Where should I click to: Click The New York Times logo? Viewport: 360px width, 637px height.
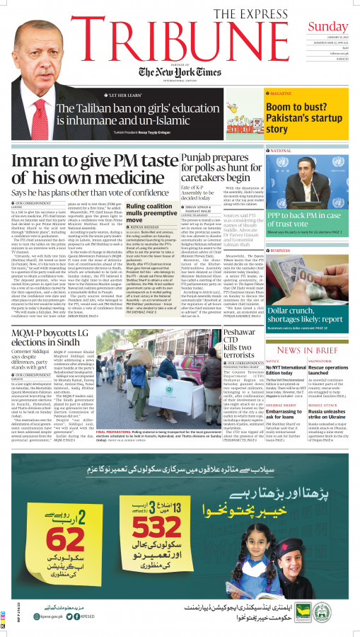[x=180, y=73]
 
